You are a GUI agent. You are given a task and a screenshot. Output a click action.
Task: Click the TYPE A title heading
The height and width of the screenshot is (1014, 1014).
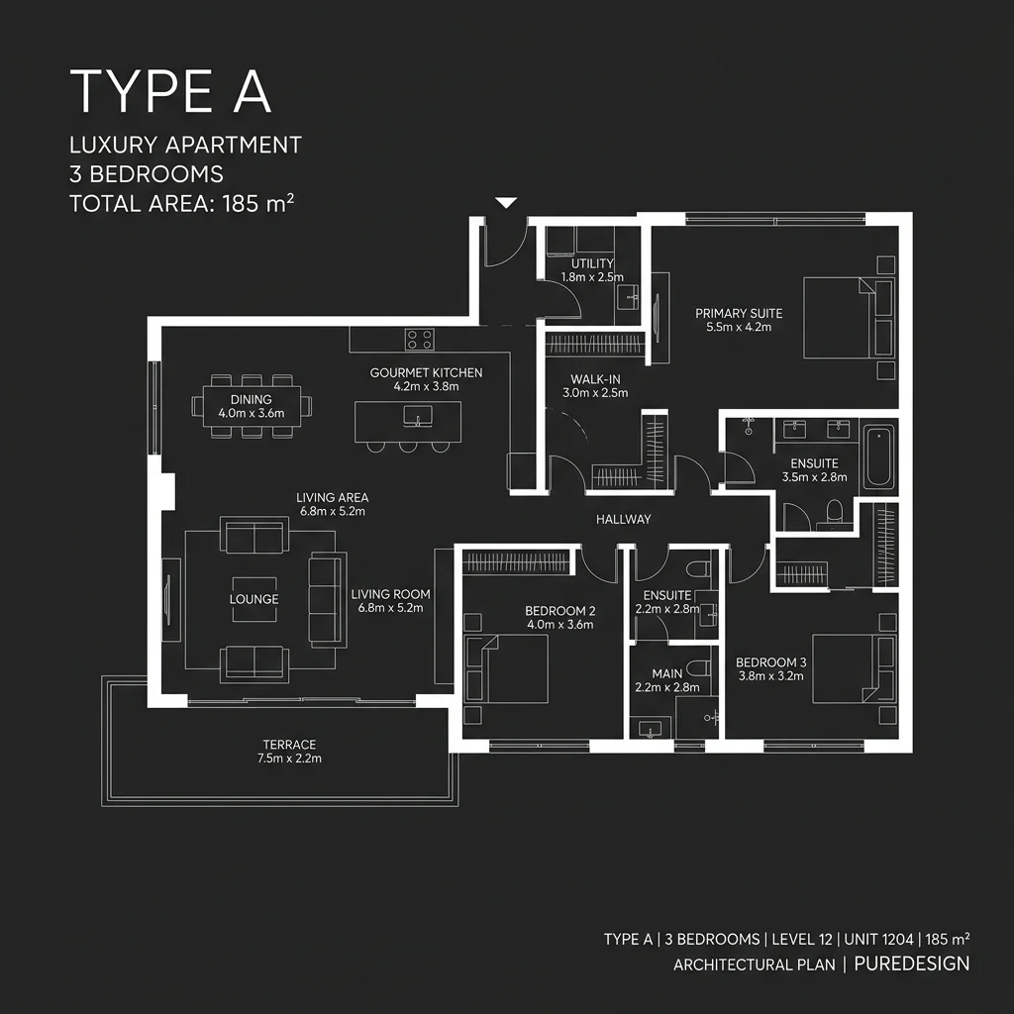point(169,91)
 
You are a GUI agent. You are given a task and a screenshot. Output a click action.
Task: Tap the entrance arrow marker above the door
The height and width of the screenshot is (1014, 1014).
point(506,203)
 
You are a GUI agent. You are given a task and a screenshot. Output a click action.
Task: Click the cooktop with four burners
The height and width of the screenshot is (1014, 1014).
point(420,340)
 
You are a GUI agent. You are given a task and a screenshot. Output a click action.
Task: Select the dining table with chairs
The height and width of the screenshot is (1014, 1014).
point(252,406)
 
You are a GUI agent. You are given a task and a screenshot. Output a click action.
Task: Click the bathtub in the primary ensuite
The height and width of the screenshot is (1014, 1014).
point(878,456)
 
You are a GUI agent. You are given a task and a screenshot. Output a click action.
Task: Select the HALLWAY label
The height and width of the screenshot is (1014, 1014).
point(623,519)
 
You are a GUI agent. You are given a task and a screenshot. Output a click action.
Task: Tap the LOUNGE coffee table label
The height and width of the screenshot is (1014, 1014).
point(254,599)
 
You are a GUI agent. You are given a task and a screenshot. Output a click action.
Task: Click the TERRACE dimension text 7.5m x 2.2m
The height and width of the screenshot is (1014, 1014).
point(288,759)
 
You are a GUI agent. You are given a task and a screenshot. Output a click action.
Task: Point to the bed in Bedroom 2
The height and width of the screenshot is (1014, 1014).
point(510,668)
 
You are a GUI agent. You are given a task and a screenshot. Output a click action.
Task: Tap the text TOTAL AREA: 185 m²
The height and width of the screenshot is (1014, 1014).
point(182,205)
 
